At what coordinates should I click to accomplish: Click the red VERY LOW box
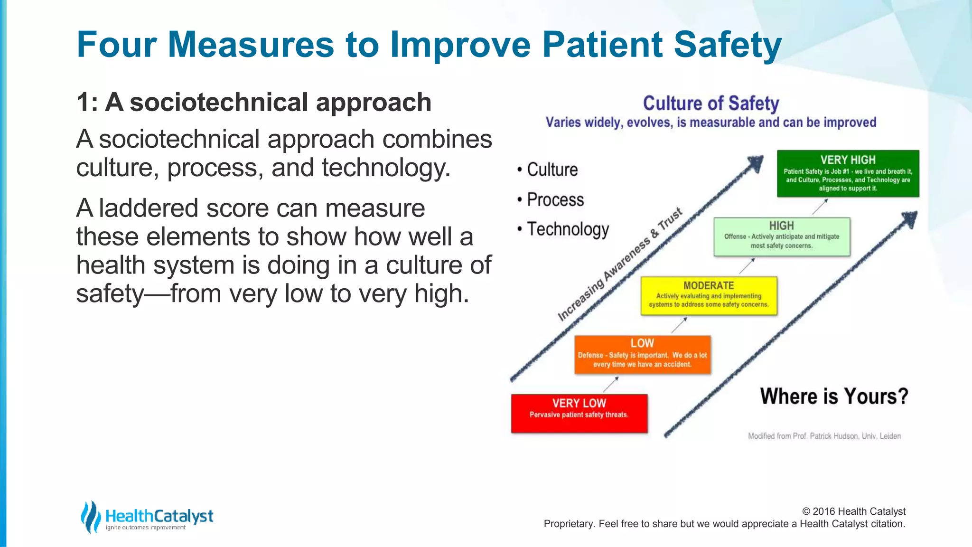tap(579, 413)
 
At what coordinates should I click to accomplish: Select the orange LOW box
tap(642, 355)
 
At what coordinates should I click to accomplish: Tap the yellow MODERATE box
tap(709, 296)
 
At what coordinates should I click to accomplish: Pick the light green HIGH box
tap(782, 236)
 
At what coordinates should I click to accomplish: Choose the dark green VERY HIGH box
tap(848, 173)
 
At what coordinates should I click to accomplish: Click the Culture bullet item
tap(552, 170)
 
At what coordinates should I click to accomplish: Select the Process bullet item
tap(555, 199)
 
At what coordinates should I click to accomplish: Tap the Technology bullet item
tap(568, 229)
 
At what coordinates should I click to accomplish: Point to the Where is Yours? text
tap(834, 396)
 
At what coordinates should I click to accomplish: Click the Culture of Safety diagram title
tap(711, 103)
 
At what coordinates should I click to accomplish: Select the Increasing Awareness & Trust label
tap(619, 265)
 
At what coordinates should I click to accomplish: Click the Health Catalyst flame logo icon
tap(90, 517)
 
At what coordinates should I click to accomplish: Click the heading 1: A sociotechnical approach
tap(253, 102)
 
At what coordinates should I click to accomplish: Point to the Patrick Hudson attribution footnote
tap(824, 436)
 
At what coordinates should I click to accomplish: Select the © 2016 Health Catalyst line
tap(853, 511)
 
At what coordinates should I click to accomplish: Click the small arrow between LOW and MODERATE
tap(679, 325)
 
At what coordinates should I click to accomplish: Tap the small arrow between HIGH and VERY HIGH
tap(820, 207)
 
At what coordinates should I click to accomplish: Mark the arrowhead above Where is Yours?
tap(910, 219)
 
